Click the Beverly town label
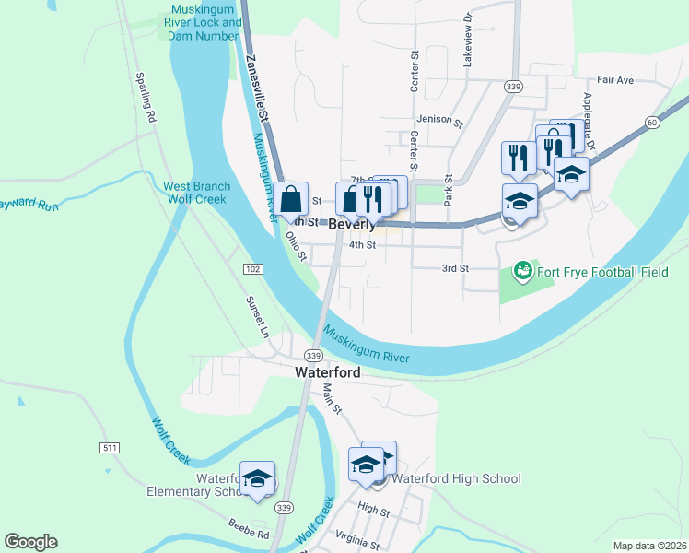pos(352,225)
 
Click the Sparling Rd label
pos(144,97)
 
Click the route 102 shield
pos(254,268)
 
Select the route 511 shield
pos(110,447)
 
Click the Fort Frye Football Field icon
pos(523,271)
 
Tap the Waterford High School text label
pos(456,478)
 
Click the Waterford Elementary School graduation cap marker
pos(257,478)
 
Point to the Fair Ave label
pos(615,80)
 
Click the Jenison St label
pos(437,119)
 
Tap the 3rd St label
pos(455,268)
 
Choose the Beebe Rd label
pos(249,529)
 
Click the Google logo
pos(30,542)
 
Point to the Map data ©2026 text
pos(648,546)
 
